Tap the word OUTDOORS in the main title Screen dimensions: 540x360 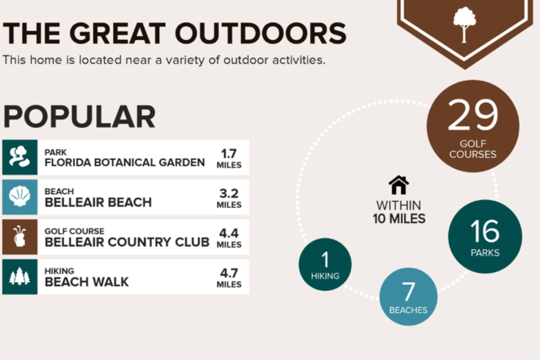261,33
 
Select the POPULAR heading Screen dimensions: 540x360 79,117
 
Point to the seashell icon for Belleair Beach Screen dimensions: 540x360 20,196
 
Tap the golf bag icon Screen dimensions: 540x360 19,236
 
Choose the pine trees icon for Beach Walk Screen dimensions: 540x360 19,276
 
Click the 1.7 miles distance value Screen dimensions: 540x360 229,158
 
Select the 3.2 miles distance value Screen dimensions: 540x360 229,198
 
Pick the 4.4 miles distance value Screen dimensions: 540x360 229,238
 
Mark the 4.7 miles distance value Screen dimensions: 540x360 229,278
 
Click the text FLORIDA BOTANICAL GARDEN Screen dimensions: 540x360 124,162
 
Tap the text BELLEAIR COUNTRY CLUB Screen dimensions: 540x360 127,242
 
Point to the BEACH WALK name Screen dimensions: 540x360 87,282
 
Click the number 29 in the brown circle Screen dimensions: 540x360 473,115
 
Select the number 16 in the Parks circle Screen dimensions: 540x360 484,231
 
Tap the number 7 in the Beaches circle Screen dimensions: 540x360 408,291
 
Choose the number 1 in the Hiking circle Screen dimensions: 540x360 325,259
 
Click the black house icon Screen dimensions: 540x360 399,185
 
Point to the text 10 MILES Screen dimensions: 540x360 399,219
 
